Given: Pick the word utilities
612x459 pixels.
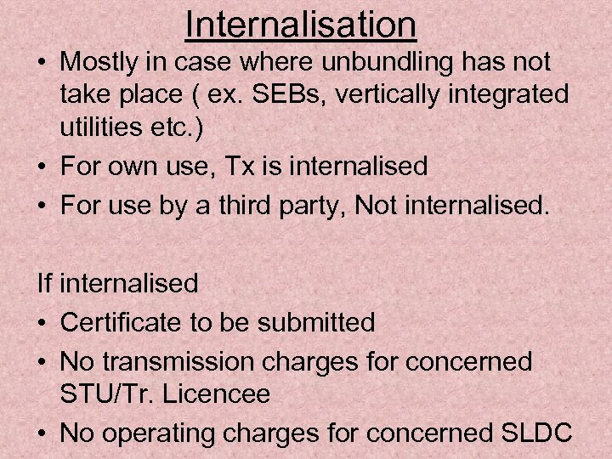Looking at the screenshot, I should (x=99, y=127).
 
